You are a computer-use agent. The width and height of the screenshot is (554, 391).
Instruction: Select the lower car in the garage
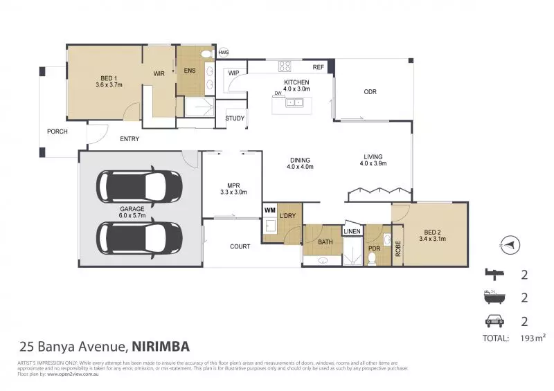[141, 237]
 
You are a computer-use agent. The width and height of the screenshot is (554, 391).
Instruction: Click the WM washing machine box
[269, 209]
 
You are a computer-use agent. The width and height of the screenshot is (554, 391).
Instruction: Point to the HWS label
[223, 52]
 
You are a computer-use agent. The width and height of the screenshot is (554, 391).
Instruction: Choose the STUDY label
[235, 118]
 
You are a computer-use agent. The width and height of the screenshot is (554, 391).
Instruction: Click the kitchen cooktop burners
[285, 66]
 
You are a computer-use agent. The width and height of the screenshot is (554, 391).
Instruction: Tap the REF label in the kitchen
[319, 67]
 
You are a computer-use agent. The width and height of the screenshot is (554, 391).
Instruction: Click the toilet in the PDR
[372, 258]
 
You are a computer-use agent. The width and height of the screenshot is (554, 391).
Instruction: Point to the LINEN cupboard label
[352, 231]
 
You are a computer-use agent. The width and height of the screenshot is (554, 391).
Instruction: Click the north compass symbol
[509, 244]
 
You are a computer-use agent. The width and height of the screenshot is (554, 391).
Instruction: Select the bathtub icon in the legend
[492, 298]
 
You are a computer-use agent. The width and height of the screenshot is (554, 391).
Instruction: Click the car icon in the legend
[492, 321]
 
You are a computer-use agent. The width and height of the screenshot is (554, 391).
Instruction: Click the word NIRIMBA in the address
[160, 345]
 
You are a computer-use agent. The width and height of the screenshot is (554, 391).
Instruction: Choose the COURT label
[240, 246]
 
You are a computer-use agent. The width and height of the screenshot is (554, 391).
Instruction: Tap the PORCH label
[57, 131]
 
